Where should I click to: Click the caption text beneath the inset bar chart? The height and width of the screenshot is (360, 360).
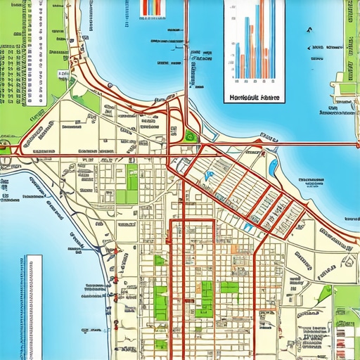pyautogui.click(x=254, y=98)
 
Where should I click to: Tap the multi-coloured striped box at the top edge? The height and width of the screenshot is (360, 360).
pyautogui.click(x=151, y=7)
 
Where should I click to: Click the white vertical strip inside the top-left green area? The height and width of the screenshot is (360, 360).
pyautogui.click(x=57, y=28)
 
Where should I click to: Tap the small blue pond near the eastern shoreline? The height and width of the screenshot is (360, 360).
pyautogui.click(x=273, y=167)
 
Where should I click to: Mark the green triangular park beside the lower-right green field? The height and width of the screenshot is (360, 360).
pyautogui.click(x=324, y=293)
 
